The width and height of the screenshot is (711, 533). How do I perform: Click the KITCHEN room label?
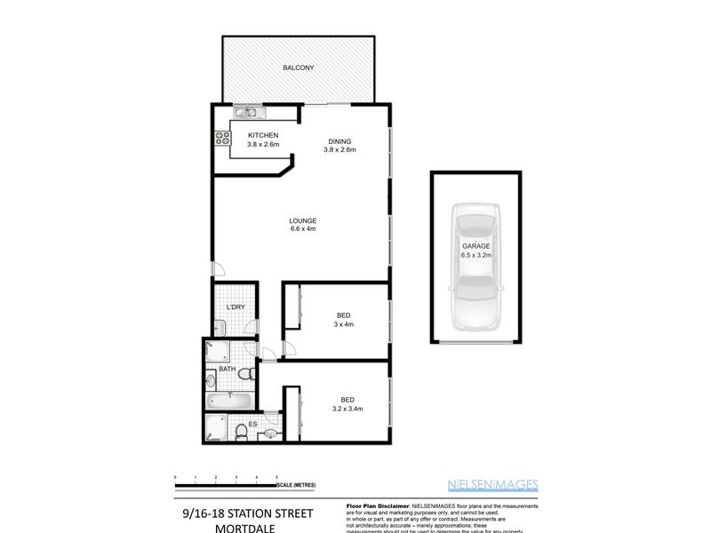[x=263, y=135]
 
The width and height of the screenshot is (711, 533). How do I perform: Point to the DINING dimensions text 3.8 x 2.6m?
[x=340, y=150]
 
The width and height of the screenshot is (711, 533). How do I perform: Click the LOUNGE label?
[x=303, y=220]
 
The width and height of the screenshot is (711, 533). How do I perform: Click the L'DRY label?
[x=236, y=307]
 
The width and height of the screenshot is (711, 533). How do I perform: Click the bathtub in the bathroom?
[x=230, y=402]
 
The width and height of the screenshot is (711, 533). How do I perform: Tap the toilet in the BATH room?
[x=212, y=380]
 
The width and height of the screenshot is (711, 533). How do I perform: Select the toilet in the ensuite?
[x=242, y=431]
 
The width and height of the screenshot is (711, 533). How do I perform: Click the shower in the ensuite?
[x=215, y=430]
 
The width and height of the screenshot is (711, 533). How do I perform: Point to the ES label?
[x=253, y=425]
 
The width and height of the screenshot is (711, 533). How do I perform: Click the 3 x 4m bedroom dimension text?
[x=343, y=323]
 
